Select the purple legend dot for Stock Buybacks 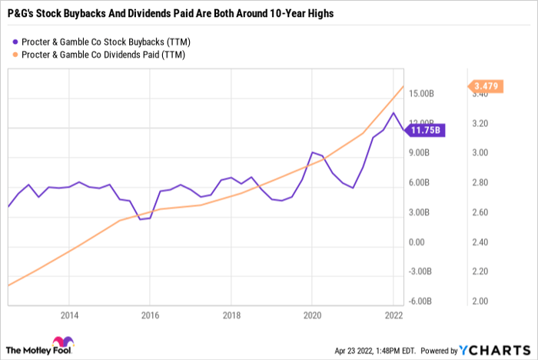pyautogui.click(x=14, y=42)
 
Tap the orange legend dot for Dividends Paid pyautogui.click(x=14, y=55)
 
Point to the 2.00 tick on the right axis pyautogui.click(x=479, y=301)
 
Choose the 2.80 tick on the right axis pyautogui.click(x=479, y=182)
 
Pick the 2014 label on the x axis pyautogui.click(x=68, y=315)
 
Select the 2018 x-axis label pyautogui.click(x=231, y=315)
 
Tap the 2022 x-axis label pyautogui.click(x=393, y=315)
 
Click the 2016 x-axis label pyautogui.click(x=150, y=315)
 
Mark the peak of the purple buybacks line pyautogui.click(x=394, y=113)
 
